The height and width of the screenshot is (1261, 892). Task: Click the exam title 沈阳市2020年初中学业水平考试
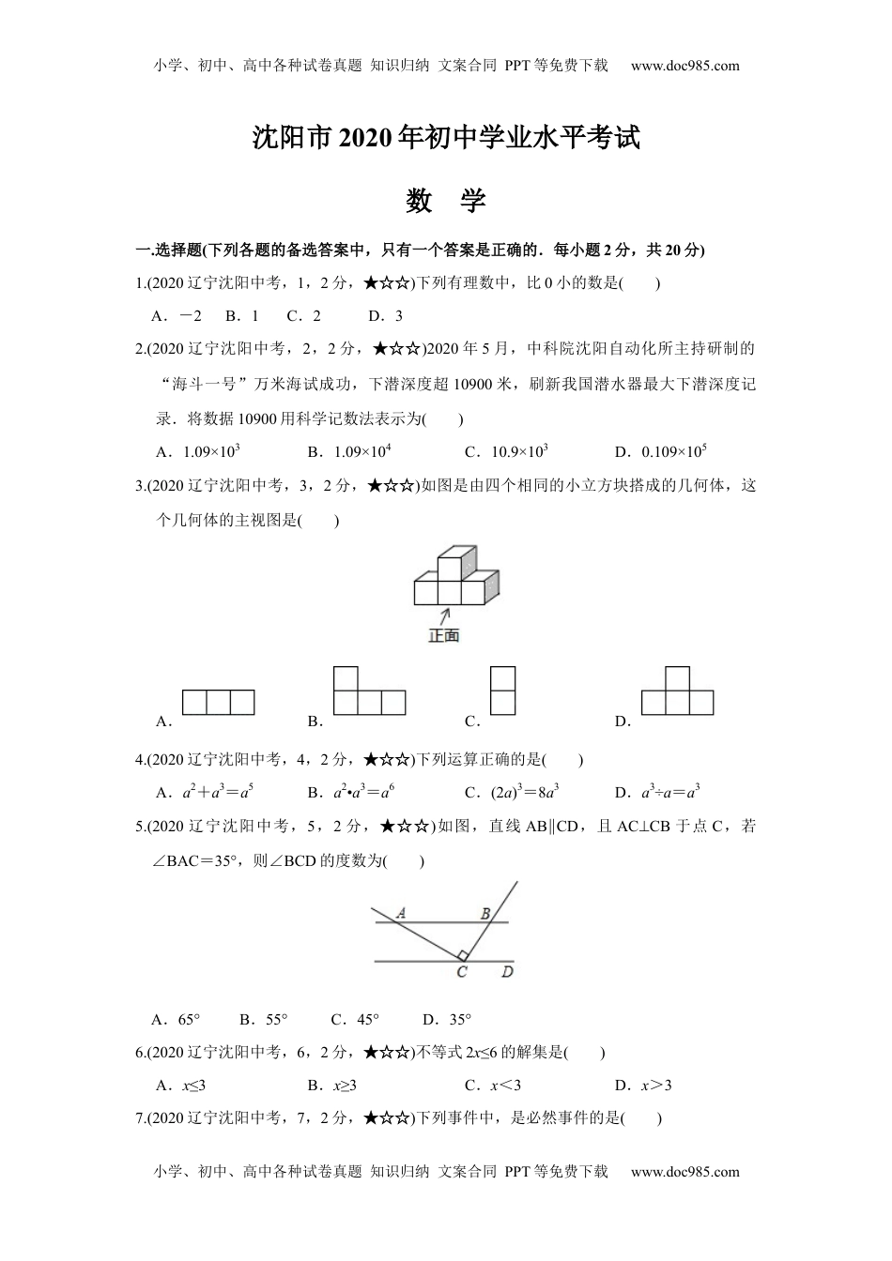[x=446, y=138]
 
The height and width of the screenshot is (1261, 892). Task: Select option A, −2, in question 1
[x=177, y=316]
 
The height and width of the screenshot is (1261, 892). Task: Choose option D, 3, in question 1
[x=385, y=316]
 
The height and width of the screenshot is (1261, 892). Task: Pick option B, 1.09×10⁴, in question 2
[x=349, y=452]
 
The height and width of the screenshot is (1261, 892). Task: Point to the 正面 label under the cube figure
[x=444, y=636]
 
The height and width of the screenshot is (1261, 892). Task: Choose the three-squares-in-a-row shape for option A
[x=218, y=703]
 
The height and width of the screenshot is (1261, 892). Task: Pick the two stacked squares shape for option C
[x=502, y=691]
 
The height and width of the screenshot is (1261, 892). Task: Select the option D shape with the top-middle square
[x=677, y=691]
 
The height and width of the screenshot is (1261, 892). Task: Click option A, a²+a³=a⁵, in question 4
[x=206, y=793]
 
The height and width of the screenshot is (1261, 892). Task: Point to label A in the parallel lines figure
[x=400, y=912]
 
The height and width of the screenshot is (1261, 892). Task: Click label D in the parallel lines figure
[x=507, y=972]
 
